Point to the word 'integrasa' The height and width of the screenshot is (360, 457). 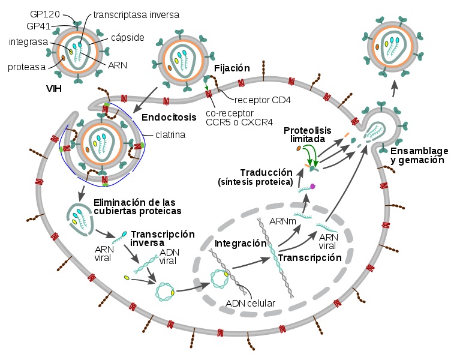coord(28,42)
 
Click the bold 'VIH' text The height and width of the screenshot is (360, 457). coord(54,88)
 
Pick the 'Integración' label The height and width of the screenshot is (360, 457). coord(240,244)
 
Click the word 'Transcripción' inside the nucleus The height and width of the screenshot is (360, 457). coord(309,258)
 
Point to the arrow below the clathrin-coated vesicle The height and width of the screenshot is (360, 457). coord(80,193)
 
